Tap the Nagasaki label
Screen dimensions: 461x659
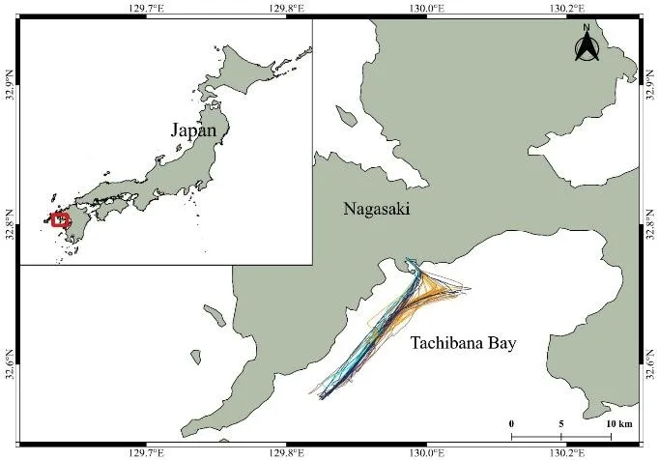click(377, 208)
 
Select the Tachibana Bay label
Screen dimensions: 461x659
click(463, 342)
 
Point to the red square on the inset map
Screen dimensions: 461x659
click(61, 220)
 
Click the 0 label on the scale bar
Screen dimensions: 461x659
click(511, 424)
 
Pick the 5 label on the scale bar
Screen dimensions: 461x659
click(560, 424)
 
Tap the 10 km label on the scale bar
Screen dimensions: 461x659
click(618, 424)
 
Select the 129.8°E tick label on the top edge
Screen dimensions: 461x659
click(287, 8)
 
